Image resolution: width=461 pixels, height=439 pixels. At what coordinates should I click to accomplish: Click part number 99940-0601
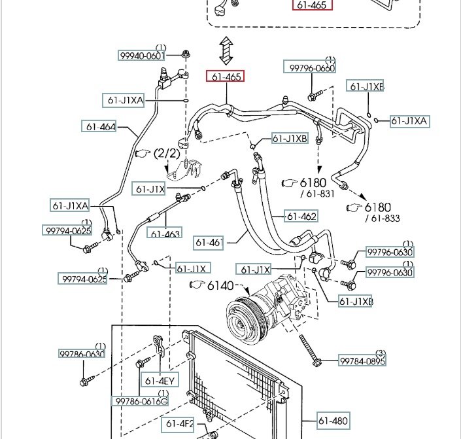tap(141, 56)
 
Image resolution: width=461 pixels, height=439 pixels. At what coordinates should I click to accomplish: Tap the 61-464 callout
tap(99, 126)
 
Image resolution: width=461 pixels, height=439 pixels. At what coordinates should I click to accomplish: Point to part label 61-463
tap(165, 233)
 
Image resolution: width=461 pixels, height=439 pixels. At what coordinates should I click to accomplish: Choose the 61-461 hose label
tap(209, 243)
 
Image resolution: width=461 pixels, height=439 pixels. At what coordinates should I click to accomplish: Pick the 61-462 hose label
tap(301, 216)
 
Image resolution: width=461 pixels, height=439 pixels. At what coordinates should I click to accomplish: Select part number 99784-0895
tap(362, 360)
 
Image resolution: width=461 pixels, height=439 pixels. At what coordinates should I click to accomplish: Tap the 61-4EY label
tap(160, 381)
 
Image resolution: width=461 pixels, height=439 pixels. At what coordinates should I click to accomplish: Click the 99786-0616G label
tap(142, 401)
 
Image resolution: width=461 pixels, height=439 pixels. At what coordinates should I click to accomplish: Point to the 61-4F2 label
tap(179, 423)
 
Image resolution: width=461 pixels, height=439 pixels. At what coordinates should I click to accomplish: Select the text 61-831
tap(317, 194)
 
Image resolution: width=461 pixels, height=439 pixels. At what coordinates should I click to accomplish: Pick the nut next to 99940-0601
tap(186, 53)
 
